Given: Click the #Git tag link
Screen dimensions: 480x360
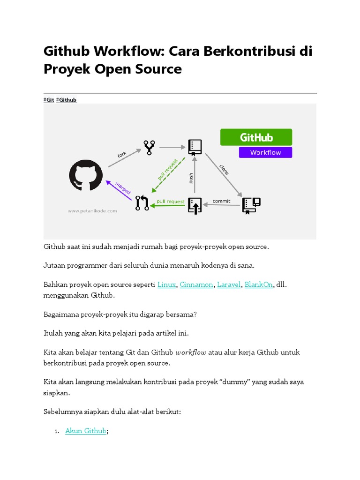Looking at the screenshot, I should tap(49, 100).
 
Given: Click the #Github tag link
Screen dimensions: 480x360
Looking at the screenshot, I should tap(66, 100).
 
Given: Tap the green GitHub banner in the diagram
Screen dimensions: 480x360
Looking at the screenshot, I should tap(256, 137).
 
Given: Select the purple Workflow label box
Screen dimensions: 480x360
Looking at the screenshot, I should tap(265, 152).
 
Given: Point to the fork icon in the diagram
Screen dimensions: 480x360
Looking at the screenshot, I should tap(150, 147).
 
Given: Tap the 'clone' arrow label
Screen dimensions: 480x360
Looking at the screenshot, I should tap(224, 169).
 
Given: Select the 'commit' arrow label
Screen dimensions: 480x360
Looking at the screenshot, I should tap(221, 201).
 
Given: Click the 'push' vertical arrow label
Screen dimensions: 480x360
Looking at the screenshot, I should tap(191, 179).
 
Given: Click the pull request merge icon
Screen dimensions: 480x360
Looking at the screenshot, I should tap(142, 203).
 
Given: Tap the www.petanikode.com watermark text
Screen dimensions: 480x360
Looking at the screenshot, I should tap(92, 211).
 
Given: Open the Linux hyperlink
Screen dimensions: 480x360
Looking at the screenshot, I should tap(166, 285).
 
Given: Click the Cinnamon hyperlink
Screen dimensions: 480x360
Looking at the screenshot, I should tap(196, 285).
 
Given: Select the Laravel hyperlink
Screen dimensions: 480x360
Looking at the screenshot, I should tap(229, 285).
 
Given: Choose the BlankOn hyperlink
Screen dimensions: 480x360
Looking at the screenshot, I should tap(259, 285).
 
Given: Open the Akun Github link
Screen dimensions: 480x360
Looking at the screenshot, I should tap(86, 430).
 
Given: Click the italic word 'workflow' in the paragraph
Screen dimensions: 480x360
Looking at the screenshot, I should tap(190, 352).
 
